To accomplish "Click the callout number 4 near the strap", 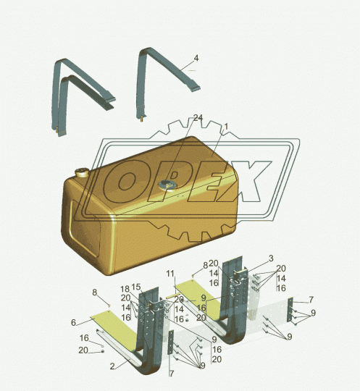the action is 196,59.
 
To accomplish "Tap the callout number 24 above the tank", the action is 198,118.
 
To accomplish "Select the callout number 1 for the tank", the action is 226,127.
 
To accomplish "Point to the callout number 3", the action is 271,258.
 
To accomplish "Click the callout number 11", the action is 170,274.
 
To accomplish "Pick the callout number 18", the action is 125,289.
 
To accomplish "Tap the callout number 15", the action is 136,287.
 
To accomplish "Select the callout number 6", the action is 73,322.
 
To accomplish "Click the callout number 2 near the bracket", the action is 112,366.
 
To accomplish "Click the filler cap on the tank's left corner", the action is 82,172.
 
